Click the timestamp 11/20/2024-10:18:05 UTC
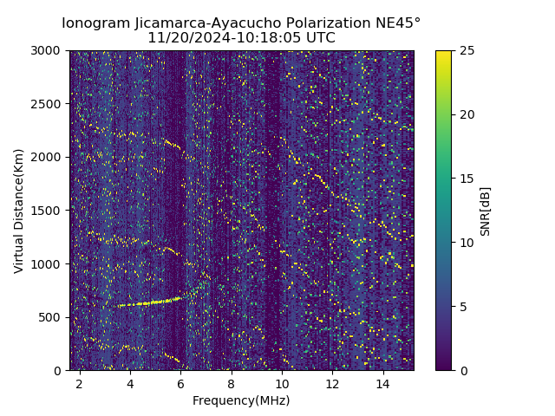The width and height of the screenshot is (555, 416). click(241, 38)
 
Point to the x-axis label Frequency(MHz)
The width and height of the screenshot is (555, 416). click(241, 400)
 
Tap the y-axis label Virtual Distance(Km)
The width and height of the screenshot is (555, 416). click(19, 211)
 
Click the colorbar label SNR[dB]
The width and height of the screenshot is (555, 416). click(486, 211)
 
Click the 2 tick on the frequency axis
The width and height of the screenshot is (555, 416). click(79, 383)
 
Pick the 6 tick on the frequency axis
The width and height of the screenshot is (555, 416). click(180, 383)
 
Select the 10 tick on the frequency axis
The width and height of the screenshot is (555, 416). click(282, 383)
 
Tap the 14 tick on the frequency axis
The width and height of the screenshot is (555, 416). click(383, 383)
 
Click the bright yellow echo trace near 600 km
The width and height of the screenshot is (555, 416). click(147, 303)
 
